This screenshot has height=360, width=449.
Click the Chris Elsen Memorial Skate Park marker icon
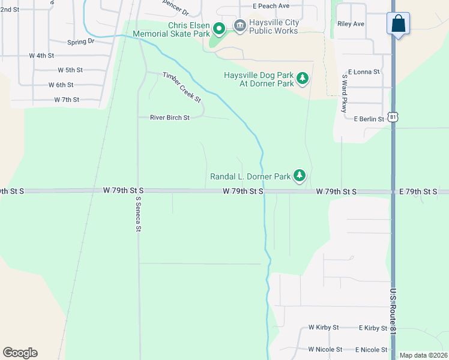219,28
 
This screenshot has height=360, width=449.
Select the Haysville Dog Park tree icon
303,78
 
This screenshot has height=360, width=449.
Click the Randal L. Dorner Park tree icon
300,176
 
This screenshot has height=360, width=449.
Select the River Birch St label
169,118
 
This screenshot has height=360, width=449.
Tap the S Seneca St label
138,214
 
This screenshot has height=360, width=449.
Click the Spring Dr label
81,42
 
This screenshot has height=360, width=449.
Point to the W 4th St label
41,55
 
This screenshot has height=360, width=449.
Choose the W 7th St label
67,99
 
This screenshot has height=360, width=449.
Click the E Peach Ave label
271,5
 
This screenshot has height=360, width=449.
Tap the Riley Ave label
351,24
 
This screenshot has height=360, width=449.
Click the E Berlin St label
369,119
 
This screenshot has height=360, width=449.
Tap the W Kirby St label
324,328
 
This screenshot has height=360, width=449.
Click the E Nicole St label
373,349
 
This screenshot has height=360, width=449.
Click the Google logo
20,353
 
